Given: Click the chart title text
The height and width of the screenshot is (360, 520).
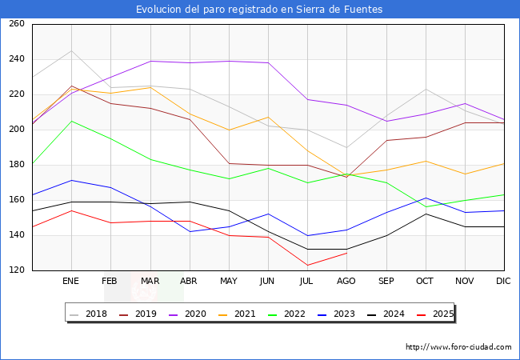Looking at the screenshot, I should pos(259,10).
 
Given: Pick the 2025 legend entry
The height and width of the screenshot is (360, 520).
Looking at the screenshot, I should pos(442,314).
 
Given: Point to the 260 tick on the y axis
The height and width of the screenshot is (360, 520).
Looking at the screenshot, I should pos(17,24).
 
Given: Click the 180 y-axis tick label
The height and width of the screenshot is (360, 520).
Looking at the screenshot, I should pos(17,165).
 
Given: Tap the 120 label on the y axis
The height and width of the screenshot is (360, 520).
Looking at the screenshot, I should pos(17,270).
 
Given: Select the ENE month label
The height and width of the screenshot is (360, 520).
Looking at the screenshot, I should pos(71,282).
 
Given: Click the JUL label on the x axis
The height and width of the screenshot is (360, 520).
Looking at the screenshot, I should pos(307,282).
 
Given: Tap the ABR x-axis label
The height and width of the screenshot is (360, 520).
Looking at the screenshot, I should pos(190,282).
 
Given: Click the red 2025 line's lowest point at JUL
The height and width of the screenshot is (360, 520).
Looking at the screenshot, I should pos(307,266).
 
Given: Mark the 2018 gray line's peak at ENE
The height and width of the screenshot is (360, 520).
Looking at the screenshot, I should pos(71,51).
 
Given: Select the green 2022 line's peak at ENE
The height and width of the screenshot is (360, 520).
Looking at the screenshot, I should pos(71,121).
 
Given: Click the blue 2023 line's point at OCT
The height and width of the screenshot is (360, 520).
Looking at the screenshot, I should pos(426,198).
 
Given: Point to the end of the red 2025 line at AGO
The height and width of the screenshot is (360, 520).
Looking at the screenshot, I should pos(346,253).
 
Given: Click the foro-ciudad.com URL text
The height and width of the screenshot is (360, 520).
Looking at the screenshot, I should pos(458,347).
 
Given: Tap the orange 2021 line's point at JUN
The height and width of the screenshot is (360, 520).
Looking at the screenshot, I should pos(268,118).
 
